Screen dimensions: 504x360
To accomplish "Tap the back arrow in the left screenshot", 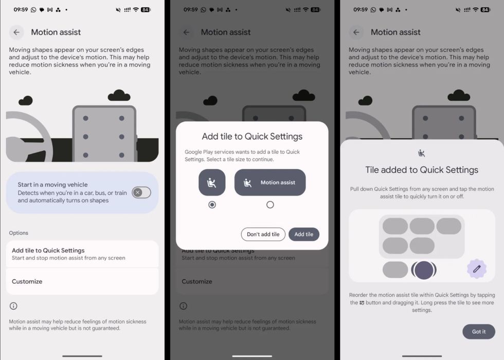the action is coord(16,32).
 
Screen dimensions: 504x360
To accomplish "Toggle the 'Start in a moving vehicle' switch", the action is coord(141,192).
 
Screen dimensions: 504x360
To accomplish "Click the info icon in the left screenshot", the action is coord(13,306).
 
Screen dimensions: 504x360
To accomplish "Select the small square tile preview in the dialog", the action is coord(212,182).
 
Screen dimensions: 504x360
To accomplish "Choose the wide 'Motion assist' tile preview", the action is coord(270,182).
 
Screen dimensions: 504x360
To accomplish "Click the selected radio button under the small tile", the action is coord(212,205).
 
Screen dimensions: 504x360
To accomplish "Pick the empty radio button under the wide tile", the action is coord(270,205).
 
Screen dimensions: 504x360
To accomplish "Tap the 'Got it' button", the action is coord(479,331).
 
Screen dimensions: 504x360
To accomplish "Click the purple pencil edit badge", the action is coord(477,268).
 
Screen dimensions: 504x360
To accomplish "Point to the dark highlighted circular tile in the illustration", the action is coord(424,269).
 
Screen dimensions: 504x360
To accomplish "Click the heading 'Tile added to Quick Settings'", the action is coord(422,170).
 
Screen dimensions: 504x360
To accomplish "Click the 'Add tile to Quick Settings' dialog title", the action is coord(252,136).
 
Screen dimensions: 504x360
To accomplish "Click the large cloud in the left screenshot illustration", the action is coord(119,95).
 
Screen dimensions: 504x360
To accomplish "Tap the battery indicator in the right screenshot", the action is coord(485,10).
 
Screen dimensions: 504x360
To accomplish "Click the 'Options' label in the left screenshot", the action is coord(19,232).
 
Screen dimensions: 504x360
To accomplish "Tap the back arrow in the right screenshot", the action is coord(356,32).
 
